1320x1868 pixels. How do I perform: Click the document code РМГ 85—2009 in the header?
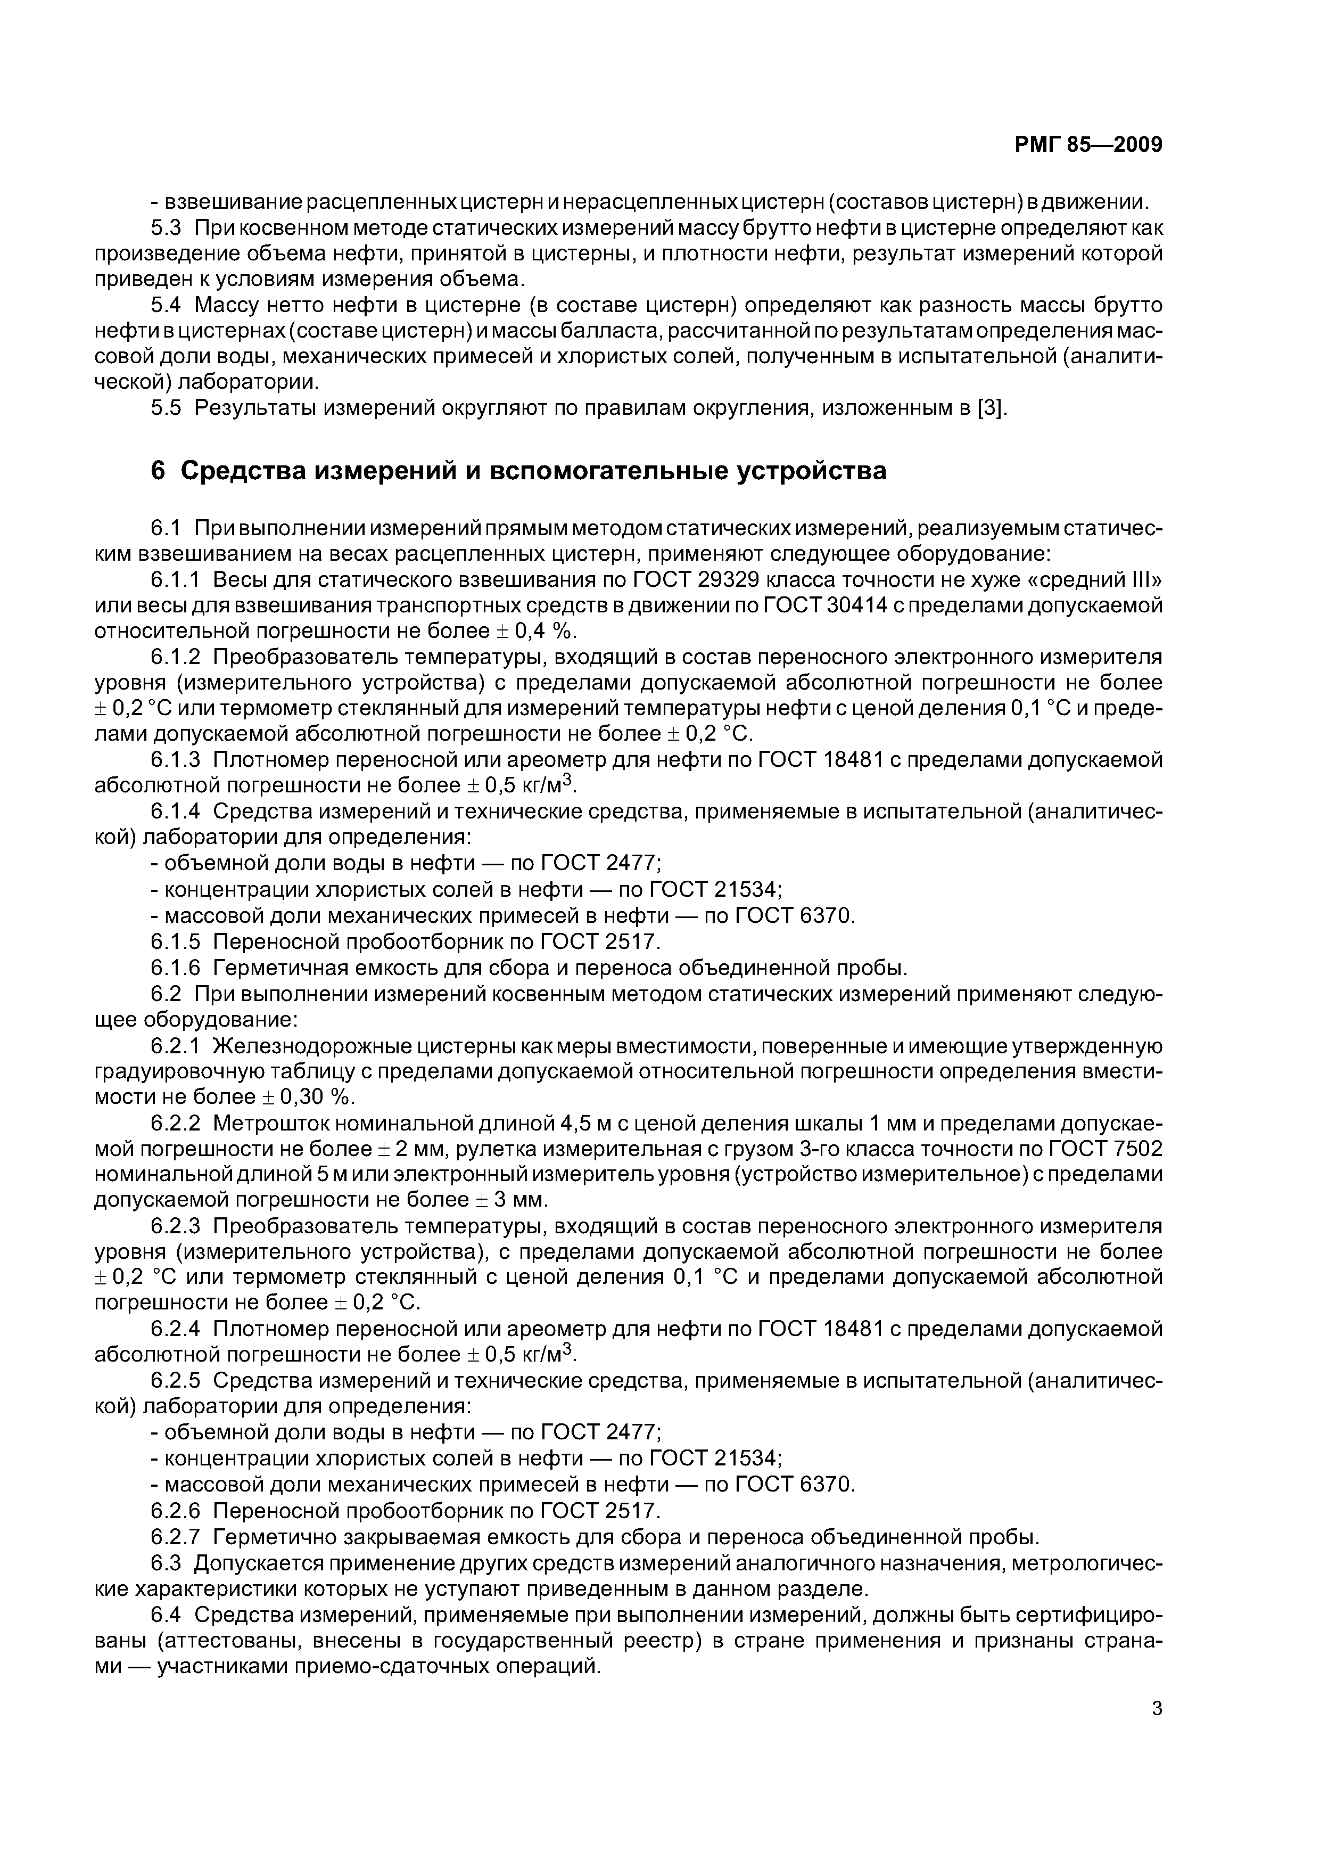click(x=1088, y=145)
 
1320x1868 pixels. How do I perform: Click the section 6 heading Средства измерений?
click(x=519, y=470)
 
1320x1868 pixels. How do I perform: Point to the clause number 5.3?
click(x=166, y=228)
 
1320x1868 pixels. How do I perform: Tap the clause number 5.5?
click(x=166, y=407)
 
